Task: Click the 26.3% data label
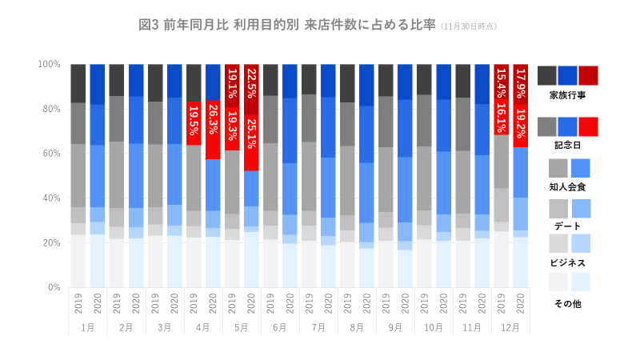click(213, 125)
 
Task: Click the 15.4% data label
click(502, 84)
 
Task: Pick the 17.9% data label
click(521, 84)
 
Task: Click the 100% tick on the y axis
click(50, 64)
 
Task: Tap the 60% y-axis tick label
click(52, 154)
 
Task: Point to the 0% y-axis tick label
click(54, 287)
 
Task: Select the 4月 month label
click(203, 328)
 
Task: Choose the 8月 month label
click(357, 328)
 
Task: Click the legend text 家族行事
click(568, 95)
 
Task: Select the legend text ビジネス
click(568, 263)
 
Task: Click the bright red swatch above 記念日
click(588, 126)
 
